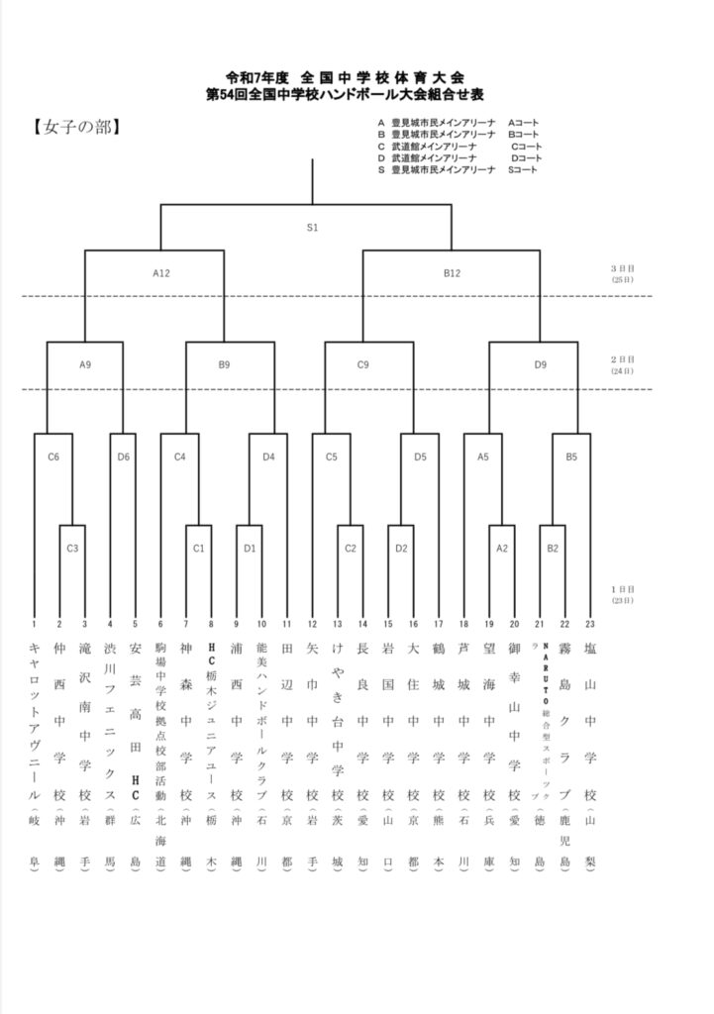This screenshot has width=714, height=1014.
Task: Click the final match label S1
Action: [312, 228]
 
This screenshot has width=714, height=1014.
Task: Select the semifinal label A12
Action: [161, 272]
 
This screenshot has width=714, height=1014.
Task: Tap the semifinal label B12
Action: [452, 272]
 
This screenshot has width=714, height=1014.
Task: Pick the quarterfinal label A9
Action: [85, 364]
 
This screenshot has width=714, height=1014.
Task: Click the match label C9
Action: [363, 364]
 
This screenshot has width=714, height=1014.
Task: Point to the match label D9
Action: [540, 364]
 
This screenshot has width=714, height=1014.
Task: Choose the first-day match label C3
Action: [72, 547]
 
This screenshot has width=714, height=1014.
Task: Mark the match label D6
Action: [123, 456]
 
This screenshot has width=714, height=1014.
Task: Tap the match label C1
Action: [198, 547]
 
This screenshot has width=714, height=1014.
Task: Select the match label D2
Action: [401, 547]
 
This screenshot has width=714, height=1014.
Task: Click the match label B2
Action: [553, 547]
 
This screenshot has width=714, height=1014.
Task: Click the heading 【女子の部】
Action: [76, 127]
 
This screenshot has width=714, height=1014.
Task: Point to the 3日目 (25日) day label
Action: [623, 273]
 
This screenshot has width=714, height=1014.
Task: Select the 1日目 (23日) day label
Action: [623, 594]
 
